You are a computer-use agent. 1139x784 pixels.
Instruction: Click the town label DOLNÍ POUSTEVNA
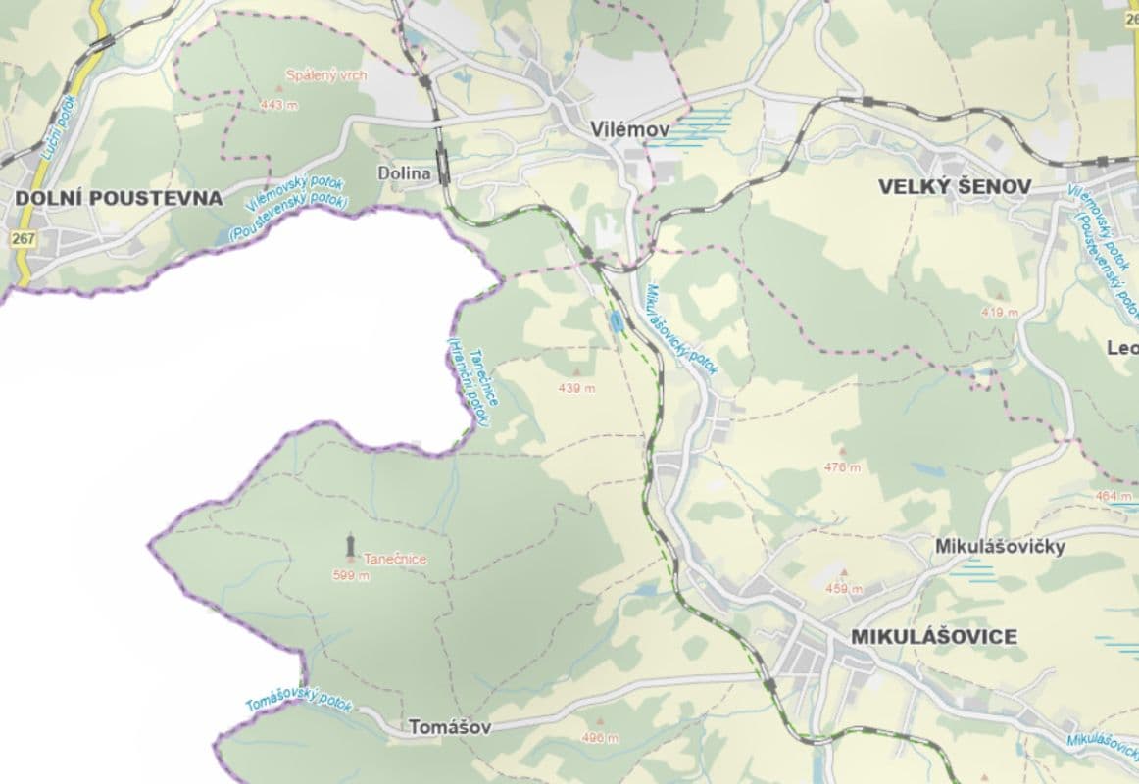[119, 198]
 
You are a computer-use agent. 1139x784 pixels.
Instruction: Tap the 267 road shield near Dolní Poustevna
[24, 238]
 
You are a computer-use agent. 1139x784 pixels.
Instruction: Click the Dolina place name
[404, 173]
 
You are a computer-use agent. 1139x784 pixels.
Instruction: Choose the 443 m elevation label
[278, 105]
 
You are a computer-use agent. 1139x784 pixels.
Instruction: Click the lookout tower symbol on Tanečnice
[350, 544]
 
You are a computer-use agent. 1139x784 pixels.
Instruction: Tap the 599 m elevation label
[351, 576]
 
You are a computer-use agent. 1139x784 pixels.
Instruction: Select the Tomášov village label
[447, 727]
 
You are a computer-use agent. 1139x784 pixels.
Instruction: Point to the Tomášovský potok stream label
[298, 701]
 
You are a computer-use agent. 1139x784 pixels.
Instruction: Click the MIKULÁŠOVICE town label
[934, 636]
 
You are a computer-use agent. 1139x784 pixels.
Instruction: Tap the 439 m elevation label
[576, 388]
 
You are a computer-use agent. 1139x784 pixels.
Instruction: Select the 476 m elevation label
[843, 467]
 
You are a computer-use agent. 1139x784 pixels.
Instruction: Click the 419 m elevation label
[1000, 312]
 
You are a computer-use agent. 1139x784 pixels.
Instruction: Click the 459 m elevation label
[844, 589]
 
